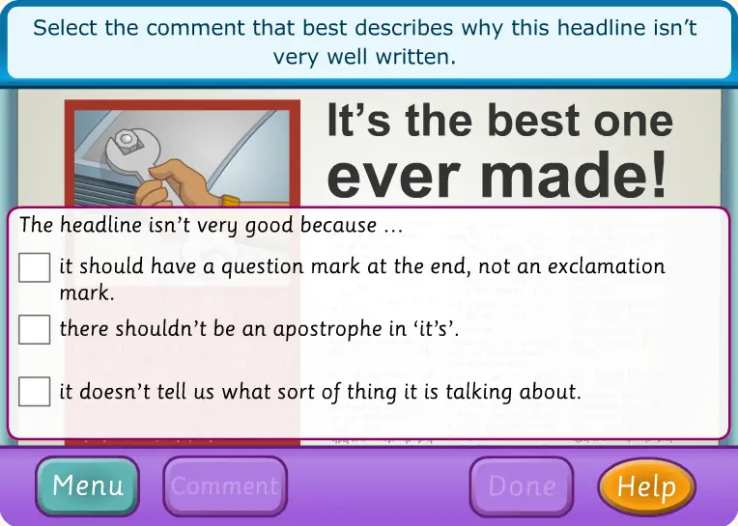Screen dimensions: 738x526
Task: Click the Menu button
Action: click(x=88, y=485)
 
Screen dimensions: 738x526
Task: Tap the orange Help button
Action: click(x=646, y=486)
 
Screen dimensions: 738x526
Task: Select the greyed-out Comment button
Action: click(x=225, y=486)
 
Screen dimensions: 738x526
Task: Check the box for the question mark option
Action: click(x=35, y=267)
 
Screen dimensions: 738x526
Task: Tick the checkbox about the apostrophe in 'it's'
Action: click(x=35, y=329)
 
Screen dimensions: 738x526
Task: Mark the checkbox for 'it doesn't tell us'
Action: click(x=35, y=391)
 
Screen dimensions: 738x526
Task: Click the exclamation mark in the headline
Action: click(x=656, y=173)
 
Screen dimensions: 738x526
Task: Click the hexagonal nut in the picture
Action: click(x=127, y=139)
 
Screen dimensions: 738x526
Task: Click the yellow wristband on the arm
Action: click(x=231, y=201)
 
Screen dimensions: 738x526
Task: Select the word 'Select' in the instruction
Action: click(x=65, y=28)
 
